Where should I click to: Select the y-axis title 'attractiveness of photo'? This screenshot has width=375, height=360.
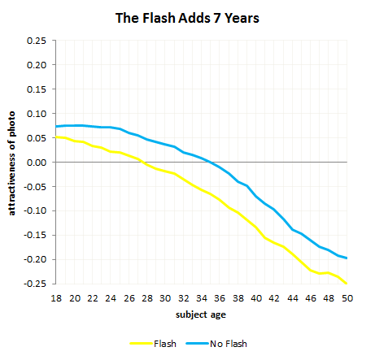12,162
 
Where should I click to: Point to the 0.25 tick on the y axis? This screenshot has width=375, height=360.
37,40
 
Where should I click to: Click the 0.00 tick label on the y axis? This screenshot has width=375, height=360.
37,162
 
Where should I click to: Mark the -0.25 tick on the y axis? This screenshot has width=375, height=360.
35,284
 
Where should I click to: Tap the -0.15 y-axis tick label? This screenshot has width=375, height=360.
35,235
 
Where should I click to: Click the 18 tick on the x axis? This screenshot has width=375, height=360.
56,298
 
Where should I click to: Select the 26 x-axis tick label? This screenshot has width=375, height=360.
129,298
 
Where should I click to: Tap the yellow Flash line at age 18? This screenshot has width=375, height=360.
57,137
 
